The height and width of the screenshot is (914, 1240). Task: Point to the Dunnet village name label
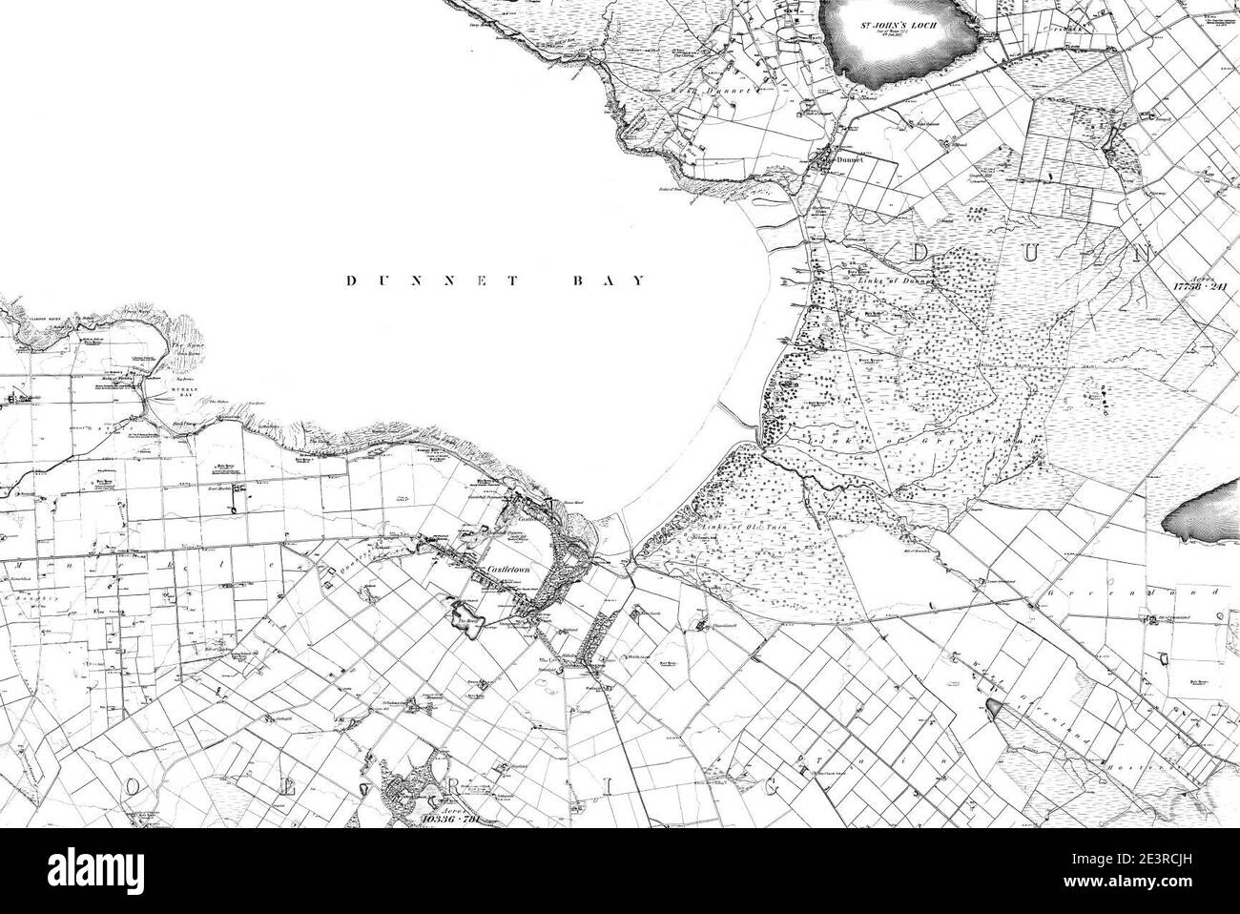[x=848, y=161]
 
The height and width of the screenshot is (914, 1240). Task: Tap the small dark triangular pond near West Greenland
[x=995, y=708]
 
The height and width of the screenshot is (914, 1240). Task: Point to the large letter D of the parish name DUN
[x=925, y=254]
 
